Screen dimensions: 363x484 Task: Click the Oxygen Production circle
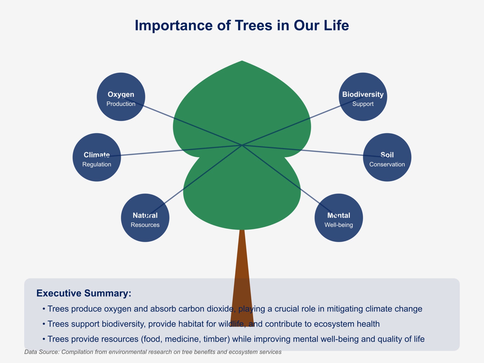click(121, 97)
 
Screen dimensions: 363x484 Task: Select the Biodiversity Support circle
click(363, 97)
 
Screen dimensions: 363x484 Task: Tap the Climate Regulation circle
click(97, 157)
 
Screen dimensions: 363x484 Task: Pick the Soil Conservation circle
click(387, 157)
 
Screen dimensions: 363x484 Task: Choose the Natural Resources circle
click(145, 218)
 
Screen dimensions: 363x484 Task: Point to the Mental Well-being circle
click(339, 218)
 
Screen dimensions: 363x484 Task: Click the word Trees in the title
click(254, 25)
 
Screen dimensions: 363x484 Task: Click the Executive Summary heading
click(84, 293)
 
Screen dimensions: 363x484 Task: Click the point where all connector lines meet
click(242, 145)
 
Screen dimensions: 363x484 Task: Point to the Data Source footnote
click(153, 352)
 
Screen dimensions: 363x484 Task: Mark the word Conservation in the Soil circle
click(387, 164)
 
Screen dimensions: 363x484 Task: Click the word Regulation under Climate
click(97, 164)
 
